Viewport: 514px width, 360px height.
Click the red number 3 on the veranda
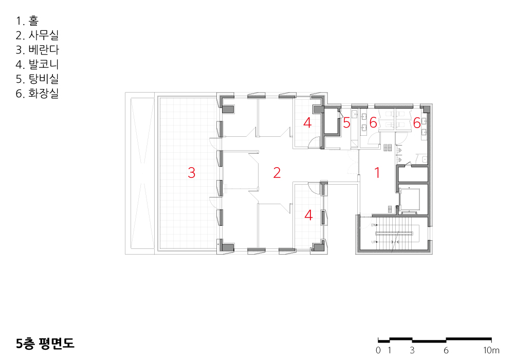pos(191,172)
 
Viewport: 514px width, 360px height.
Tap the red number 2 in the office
pos(277,172)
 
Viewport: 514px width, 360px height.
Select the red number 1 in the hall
pos(377,172)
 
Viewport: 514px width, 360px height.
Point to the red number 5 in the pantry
pos(346,123)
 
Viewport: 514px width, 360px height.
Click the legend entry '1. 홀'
pos(27,21)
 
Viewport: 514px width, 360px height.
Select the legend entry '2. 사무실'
pos(37,35)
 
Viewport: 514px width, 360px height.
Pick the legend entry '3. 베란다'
pos(38,50)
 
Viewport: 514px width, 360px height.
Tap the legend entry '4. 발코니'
pos(37,64)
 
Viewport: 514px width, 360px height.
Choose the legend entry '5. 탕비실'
pos(37,79)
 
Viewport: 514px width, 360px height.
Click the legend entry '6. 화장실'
pos(37,94)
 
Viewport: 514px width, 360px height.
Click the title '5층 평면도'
pos(45,343)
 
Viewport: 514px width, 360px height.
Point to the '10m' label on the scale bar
pos(491,350)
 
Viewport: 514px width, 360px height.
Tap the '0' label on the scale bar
pos(378,350)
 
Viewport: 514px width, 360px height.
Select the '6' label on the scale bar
pos(446,350)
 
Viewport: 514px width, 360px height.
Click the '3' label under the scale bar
pos(412,350)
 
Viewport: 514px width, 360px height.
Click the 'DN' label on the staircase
pos(373,225)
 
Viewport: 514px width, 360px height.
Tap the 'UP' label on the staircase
pos(373,242)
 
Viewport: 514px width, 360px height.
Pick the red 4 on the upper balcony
pos(307,123)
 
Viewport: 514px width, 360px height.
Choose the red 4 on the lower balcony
pos(308,215)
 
